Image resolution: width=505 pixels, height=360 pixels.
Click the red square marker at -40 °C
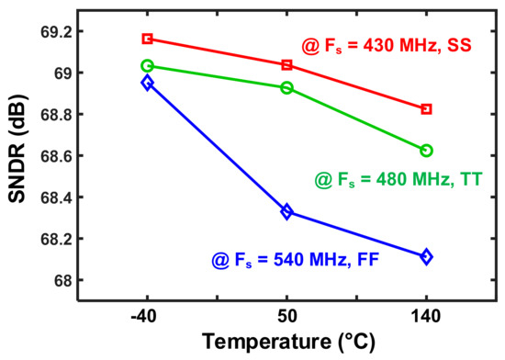pyautogui.click(x=147, y=39)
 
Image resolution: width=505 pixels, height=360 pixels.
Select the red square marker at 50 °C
pyautogui.click(x=286, y=65)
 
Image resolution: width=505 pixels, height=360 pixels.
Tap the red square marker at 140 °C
pyautogui.click(x=426, y=109)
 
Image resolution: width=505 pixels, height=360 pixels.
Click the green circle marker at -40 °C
pyautogui.click(x=147, y=66)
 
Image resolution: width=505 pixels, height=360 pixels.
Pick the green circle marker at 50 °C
pyautogui.click(x=286, y=88)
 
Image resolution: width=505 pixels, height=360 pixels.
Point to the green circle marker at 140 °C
pyautogui.click(x=426, y=150)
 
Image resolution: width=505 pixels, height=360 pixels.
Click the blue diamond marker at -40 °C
pyautogui.click(x=147, y=83)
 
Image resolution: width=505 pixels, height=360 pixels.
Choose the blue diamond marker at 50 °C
pyautogui.click(x=286, y=212)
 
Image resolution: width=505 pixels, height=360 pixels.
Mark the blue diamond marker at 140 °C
pyautogui.click(x=426, y=257)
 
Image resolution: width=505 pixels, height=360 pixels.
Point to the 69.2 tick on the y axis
pyautogui.click(x=68, y=32)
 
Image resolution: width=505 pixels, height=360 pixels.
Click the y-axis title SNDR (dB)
pyautogui.click(x=20, y=157)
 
